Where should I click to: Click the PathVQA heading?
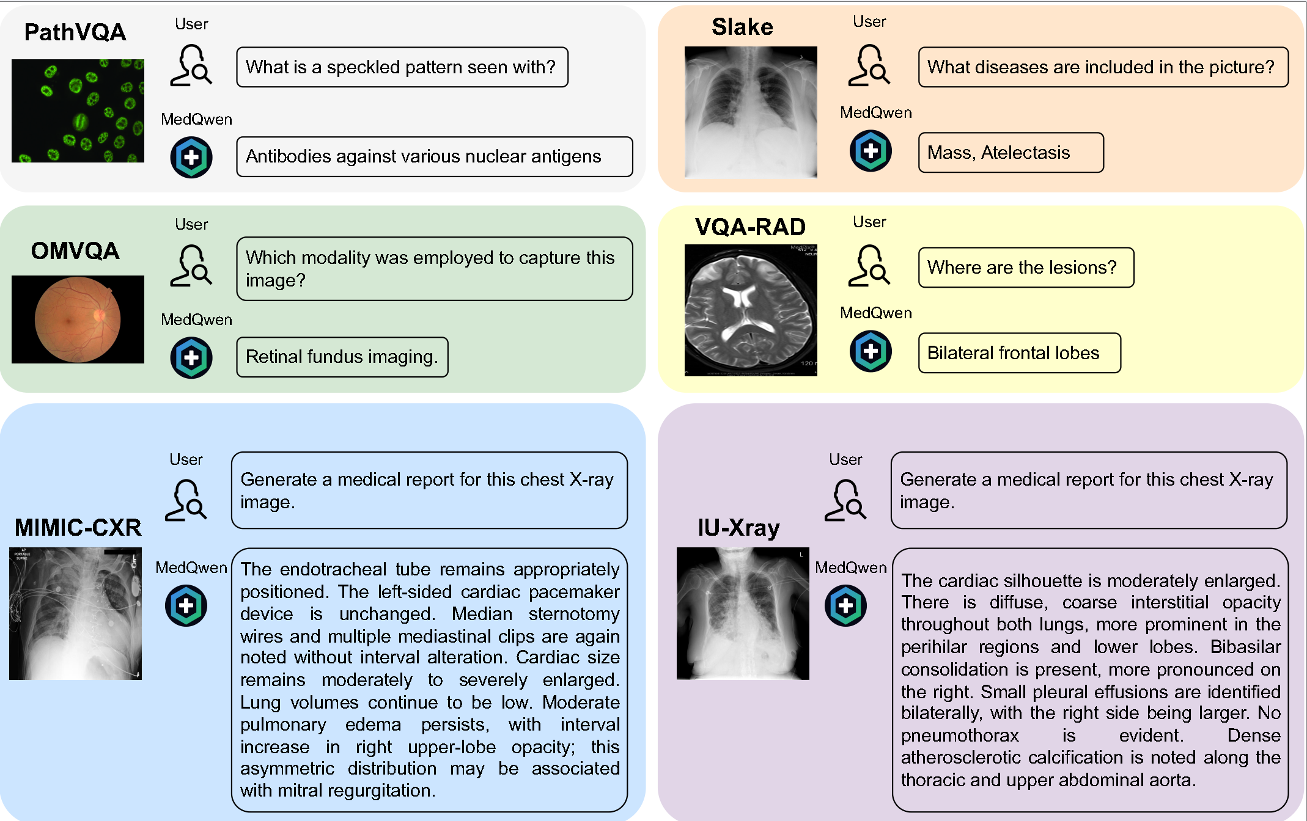click(75, 32)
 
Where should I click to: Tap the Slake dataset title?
click(742, 27)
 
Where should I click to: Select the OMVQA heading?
click(75, 251)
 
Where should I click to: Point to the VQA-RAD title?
click(750, 227)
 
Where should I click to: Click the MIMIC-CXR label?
click(78, 527)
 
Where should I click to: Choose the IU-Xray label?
click(738, 527)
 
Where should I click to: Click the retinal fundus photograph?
click(78, 319)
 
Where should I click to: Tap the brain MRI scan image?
click(751, 310)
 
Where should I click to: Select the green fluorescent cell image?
click(78, 111)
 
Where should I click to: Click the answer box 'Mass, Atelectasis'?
click(1011, 153)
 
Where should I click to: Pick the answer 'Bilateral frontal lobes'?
click(1019, 353)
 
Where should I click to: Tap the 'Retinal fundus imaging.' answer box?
click(342, 357)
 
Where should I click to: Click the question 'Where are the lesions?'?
click(1026, 268)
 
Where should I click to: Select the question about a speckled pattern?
click(402, 67)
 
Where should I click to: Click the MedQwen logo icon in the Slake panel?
click(871, 151)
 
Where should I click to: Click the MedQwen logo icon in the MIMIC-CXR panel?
click(186, 605)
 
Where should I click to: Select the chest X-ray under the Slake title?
click(751, 112)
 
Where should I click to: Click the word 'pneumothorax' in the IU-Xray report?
click(960, 735)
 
